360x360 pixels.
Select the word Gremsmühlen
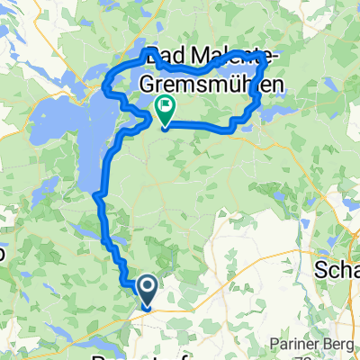pyautogui.click(x=206, y=85)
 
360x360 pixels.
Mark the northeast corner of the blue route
pyautogui.click(x=265, y=59)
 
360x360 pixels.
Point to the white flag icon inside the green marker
pyautogui.click(x=166, y=106)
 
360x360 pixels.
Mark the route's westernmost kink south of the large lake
pyautogui.click(x=96, y=191)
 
